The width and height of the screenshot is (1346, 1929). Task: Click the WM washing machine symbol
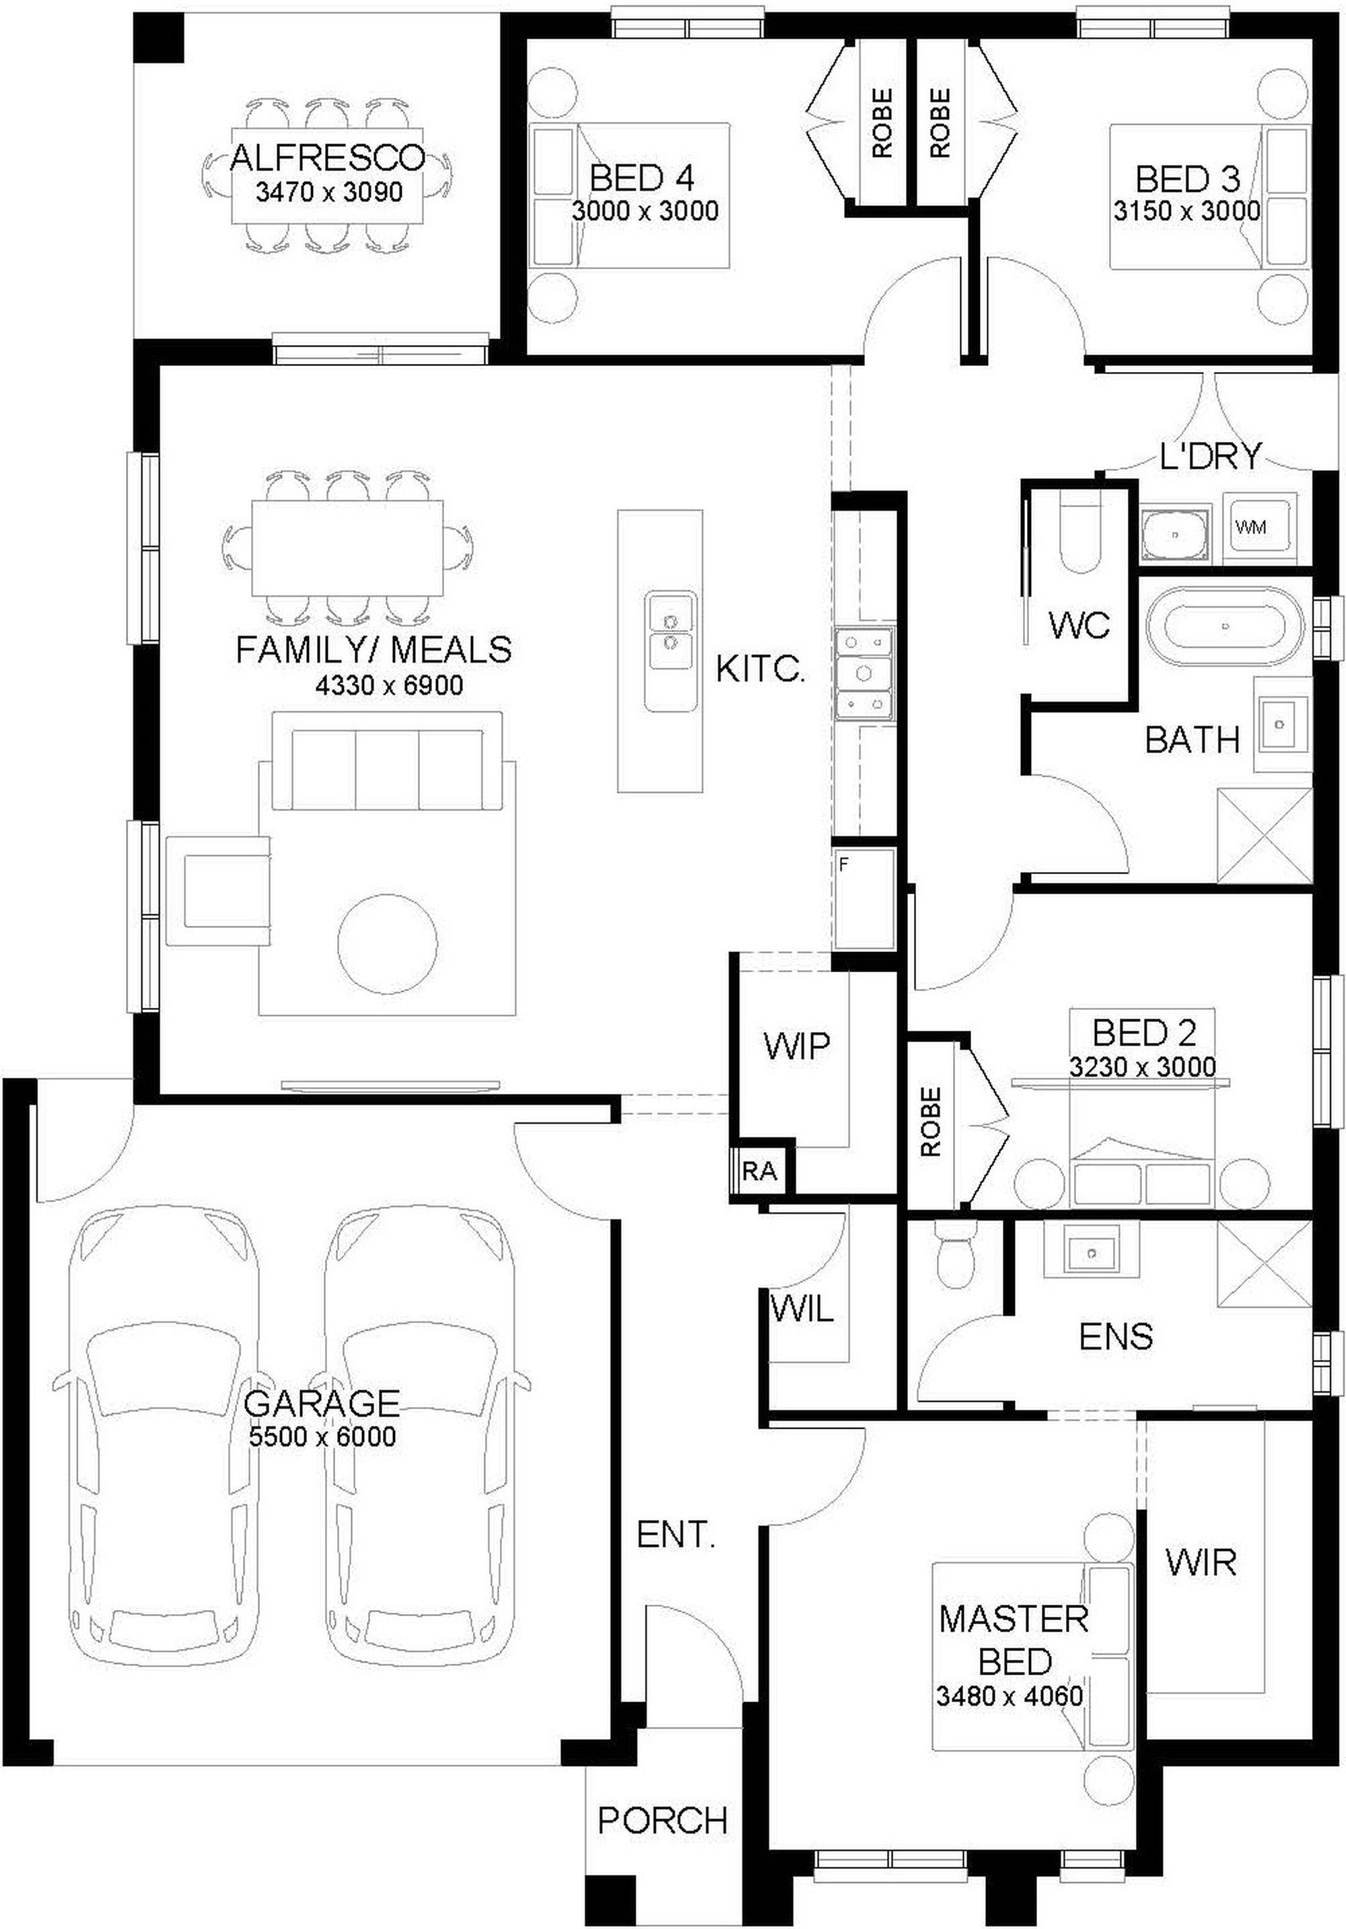coord(1259,527)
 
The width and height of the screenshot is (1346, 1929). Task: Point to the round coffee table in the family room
coord(388,943)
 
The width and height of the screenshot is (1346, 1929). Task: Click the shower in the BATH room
coord(1265,836)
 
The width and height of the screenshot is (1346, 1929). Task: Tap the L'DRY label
coord(1210,456)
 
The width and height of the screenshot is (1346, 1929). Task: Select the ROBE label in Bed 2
coord(930,1122)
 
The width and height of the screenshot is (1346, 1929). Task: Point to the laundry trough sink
coord(1176,534)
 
